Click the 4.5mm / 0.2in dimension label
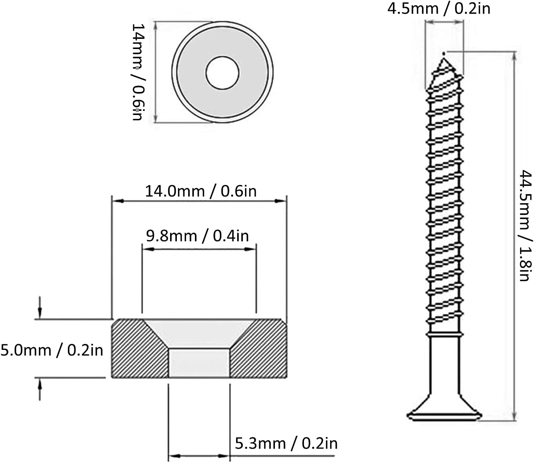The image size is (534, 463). (439, 9)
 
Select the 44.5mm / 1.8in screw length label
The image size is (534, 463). (524, 225)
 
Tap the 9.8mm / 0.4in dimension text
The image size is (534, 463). (197, 236)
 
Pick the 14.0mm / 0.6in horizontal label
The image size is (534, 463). (201, 191)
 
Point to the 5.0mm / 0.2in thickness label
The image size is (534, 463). (52, 350)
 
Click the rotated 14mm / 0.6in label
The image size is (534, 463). (138, 72)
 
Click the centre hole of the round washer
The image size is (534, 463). (222, 73)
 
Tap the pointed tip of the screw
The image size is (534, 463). (444, 54)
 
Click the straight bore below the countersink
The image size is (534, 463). (199, 363)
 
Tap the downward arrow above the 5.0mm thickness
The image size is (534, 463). (40, 308)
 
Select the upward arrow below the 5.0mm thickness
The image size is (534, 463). (40, 389)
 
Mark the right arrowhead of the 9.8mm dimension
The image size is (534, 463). (250, 249)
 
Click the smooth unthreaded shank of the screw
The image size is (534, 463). (444, 365)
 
